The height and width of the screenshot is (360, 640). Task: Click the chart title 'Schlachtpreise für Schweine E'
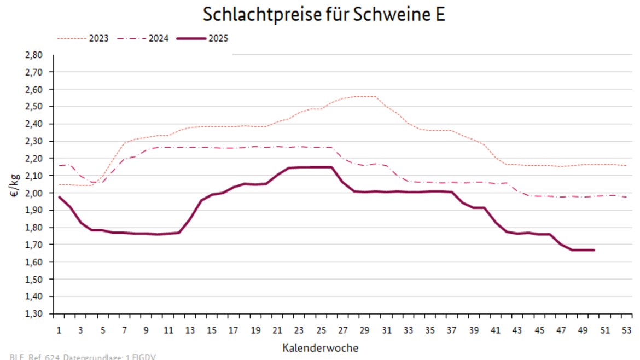tap(324, 15)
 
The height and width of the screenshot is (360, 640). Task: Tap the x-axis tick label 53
tap(627, 330)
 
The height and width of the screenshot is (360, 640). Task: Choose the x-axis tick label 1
tap(59, 330)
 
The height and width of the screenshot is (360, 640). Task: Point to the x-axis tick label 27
tap(343, 330)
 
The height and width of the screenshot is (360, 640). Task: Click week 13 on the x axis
tap(190, 330)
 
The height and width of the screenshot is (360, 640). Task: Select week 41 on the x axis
tap(496, 330)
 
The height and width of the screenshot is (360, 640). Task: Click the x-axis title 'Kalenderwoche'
tap(321, 348)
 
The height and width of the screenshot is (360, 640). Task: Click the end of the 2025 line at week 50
tap(594, 250)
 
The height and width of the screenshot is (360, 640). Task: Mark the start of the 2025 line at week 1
tap(59, 197)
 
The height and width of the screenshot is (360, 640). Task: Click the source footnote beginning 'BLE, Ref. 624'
tap(83, 357)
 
